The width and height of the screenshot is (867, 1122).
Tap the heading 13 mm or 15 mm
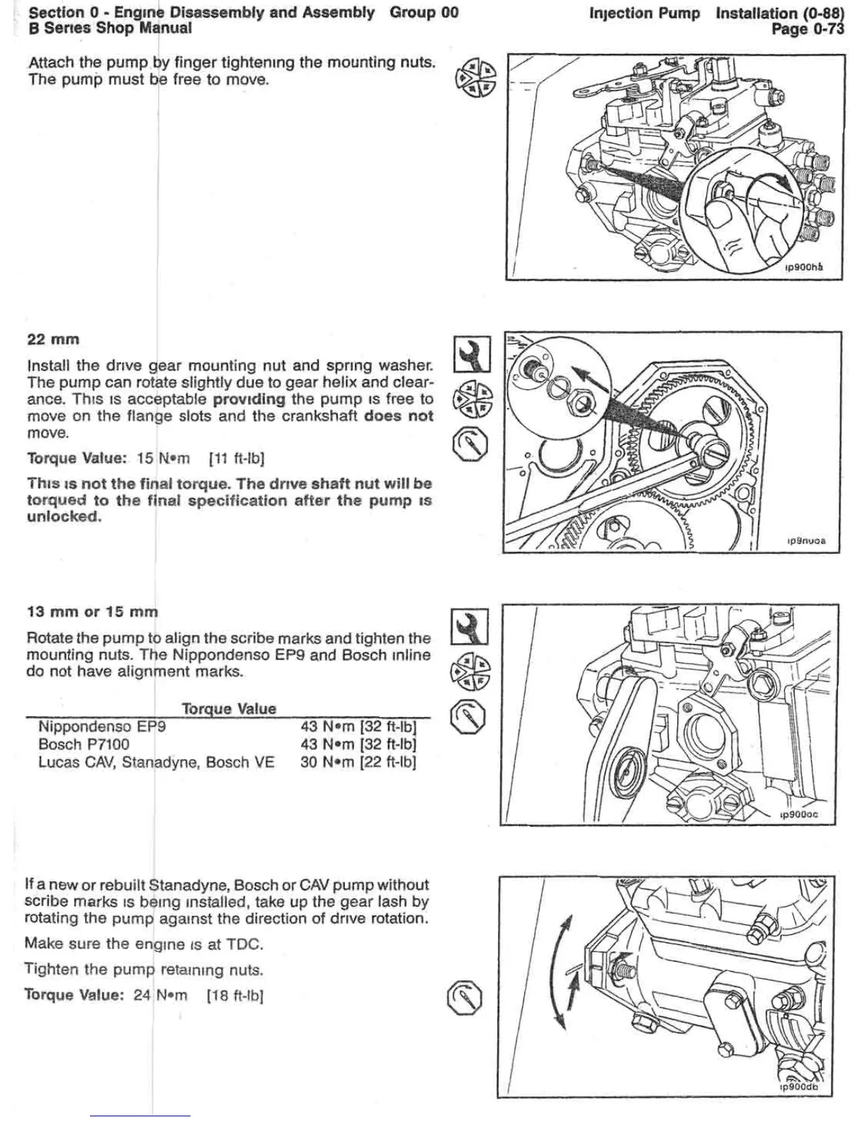point(92,611)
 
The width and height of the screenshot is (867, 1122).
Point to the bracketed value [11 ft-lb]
point(237,458)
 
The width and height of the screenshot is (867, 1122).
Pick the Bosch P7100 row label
point(84,744)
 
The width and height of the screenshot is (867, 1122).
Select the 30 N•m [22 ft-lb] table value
point(358,763)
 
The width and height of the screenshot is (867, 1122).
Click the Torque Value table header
point(229,708)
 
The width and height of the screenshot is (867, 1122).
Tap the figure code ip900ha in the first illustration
point(803,267)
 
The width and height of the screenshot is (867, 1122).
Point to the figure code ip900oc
point(798,815)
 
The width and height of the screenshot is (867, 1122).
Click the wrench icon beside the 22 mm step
point(470,353)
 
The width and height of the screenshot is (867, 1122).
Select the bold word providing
point(249,399)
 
